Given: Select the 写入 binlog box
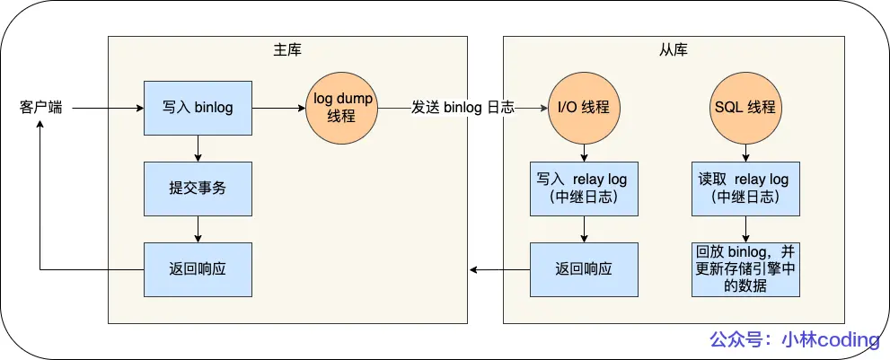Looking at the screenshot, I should click(x=198, y=108).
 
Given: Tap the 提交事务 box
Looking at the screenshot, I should click(x=198, y=189).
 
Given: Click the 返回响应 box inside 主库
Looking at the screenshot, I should click(x=198, y=269).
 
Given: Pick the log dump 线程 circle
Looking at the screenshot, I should click(x=342, y=108).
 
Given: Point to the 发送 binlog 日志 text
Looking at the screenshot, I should click(x=463, y=108).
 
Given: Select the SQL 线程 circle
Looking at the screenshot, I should click(x=745, y=108).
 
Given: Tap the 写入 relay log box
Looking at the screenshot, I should click(x=584, y=189).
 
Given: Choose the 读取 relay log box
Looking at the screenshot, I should click(x=745, y=189).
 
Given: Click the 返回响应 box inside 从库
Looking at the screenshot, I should click(x=584, y=269).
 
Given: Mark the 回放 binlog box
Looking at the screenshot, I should click(x=745, y=269).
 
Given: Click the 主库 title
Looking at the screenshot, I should click(x=287, y=49).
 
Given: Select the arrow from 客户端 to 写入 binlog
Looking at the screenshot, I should click(x=108, y=108).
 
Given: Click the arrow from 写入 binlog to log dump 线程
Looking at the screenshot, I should click(x=278, y=108).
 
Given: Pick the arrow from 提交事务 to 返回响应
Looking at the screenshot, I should click(x=198, y=229).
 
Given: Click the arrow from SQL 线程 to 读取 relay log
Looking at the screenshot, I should click(x=745, y=153).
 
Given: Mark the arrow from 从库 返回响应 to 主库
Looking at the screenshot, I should click(x=499, y=269).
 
